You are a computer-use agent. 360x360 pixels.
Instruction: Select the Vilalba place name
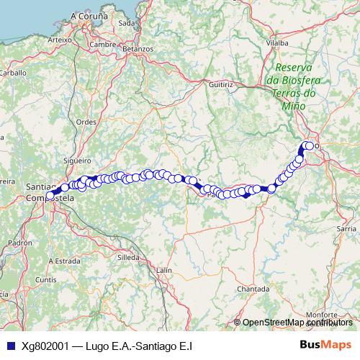277,43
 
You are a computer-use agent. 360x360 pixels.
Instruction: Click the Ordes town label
86,122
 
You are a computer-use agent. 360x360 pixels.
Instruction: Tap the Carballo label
12,73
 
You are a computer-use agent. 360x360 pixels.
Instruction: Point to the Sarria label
347,228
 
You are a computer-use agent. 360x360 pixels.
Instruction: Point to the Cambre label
104,44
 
